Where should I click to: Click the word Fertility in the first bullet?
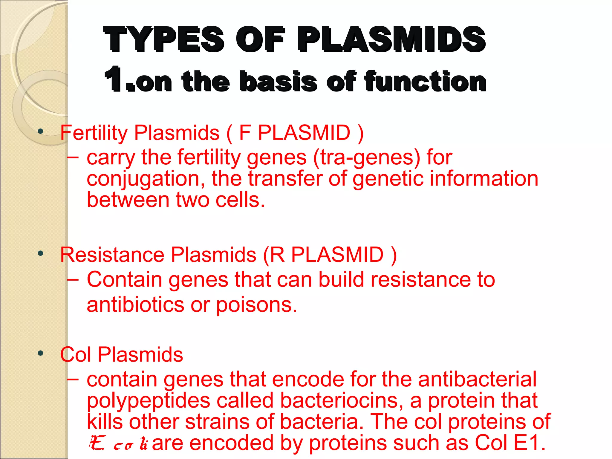pos(94,133)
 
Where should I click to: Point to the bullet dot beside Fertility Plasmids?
pos(41,131)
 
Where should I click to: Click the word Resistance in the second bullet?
pos(112,255)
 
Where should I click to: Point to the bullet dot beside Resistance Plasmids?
pos(41,254)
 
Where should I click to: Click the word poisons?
pos(256,305)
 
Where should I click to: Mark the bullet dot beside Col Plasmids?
pos(41,354)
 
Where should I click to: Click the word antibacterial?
pos(477,380)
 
